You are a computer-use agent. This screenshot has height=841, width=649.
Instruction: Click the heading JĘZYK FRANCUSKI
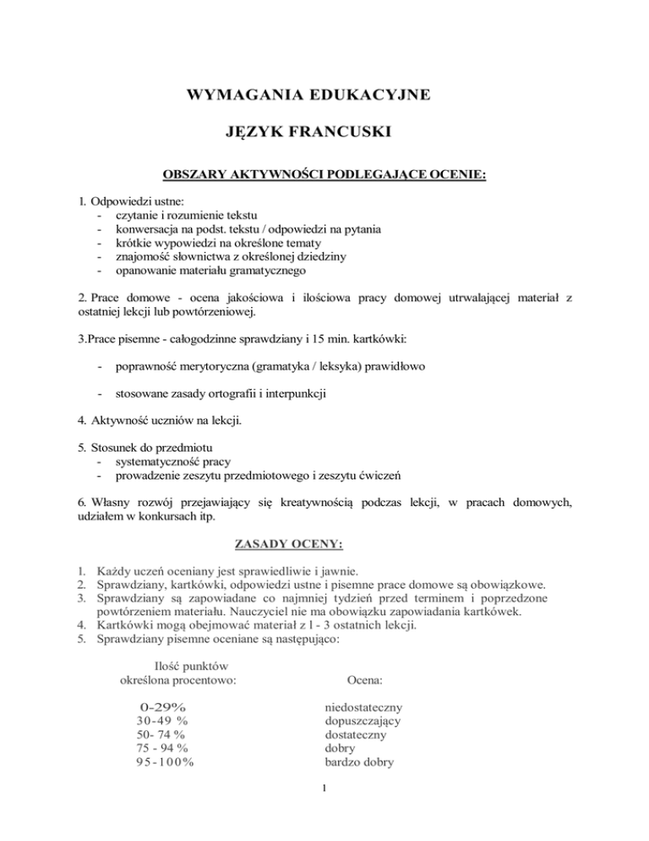pyautogui.click(x=324, y=133)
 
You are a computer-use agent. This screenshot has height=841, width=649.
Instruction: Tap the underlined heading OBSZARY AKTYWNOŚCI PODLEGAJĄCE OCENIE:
pyautogui.click(x=324, y=178)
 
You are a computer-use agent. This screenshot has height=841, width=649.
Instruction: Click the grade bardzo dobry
pyautogui.click(x=359, y=762)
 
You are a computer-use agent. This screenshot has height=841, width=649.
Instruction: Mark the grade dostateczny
pyautogui.click(x=356, y=734)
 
